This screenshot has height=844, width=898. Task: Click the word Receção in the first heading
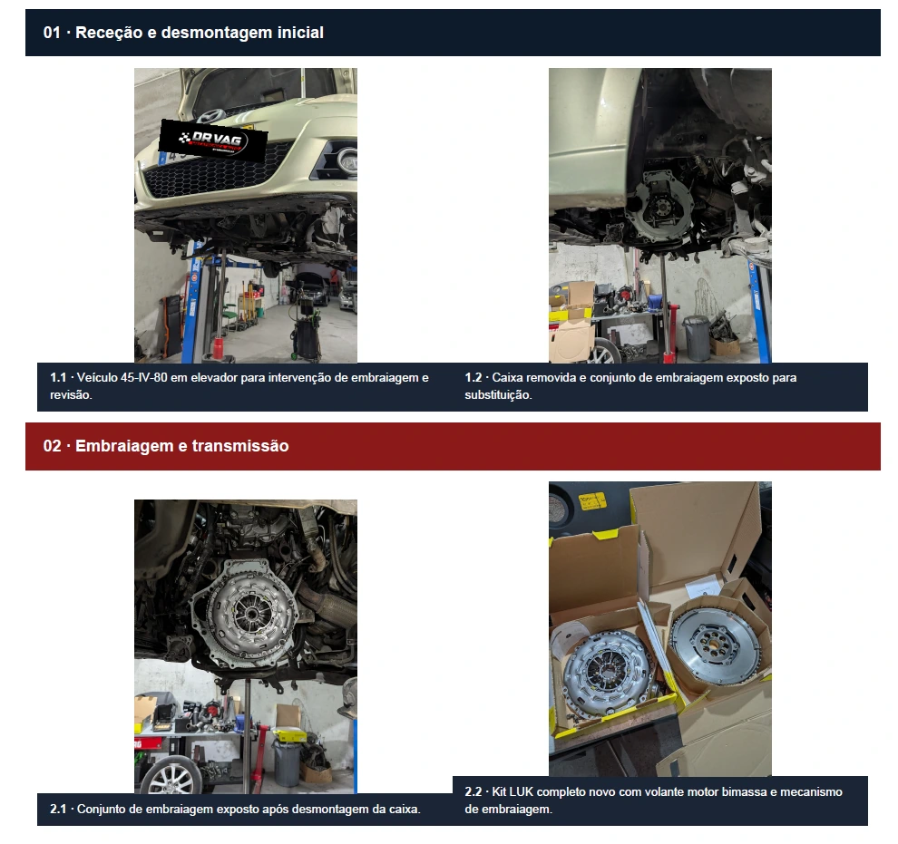109,33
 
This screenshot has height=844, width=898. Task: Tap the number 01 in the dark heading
52,33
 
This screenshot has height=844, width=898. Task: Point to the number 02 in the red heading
52,446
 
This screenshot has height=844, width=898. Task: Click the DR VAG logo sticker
213,139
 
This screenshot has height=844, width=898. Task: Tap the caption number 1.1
58,378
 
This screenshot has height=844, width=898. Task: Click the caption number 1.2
473,378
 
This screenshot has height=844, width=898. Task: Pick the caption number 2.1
58,809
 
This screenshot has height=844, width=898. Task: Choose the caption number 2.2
473,792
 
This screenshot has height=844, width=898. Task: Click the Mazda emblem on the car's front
207,115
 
